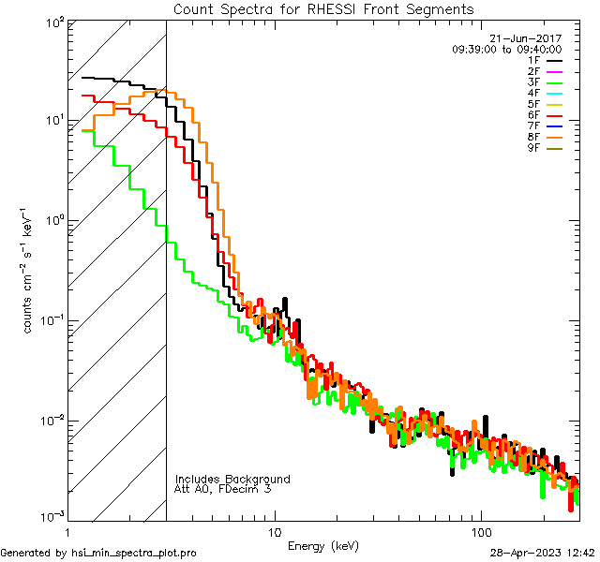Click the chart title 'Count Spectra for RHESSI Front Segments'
pyautogui.click(x=323, y=8)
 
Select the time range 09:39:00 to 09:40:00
pyautogui.click(x=506, y=49)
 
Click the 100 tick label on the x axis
pyautogui.click(x=481, y=531)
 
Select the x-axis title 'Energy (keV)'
pyautogui.click(x=322, y=545)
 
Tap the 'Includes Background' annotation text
pyautogui.click(x=232, y=479)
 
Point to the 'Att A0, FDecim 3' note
pyautogui.click(x=223, y=489)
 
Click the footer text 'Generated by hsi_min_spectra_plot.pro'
pyautogui.click(x=99, y=553)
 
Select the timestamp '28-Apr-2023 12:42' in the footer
pyautogui.click(x=542, y=553)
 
